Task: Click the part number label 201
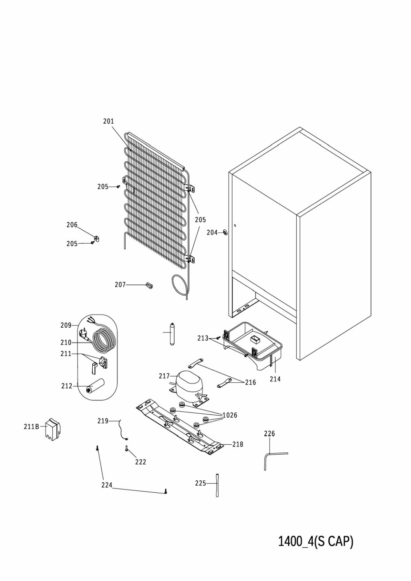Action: [109, 121]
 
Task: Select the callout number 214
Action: [275, 379]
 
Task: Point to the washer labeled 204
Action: [225, 232]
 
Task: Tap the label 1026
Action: [230, 415]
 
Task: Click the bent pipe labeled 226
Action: [272, 460]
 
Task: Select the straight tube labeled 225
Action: [217, 485]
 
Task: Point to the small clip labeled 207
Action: [150, 285]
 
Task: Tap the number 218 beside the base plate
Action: [238, 444]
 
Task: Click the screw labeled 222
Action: [126, 449]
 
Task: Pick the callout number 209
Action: [66, 325]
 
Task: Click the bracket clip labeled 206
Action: [97, 238]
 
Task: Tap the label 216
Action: [250, 382]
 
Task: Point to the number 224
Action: [107, 485]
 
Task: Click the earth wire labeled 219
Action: [123, 430]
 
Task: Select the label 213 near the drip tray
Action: [203, 338]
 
